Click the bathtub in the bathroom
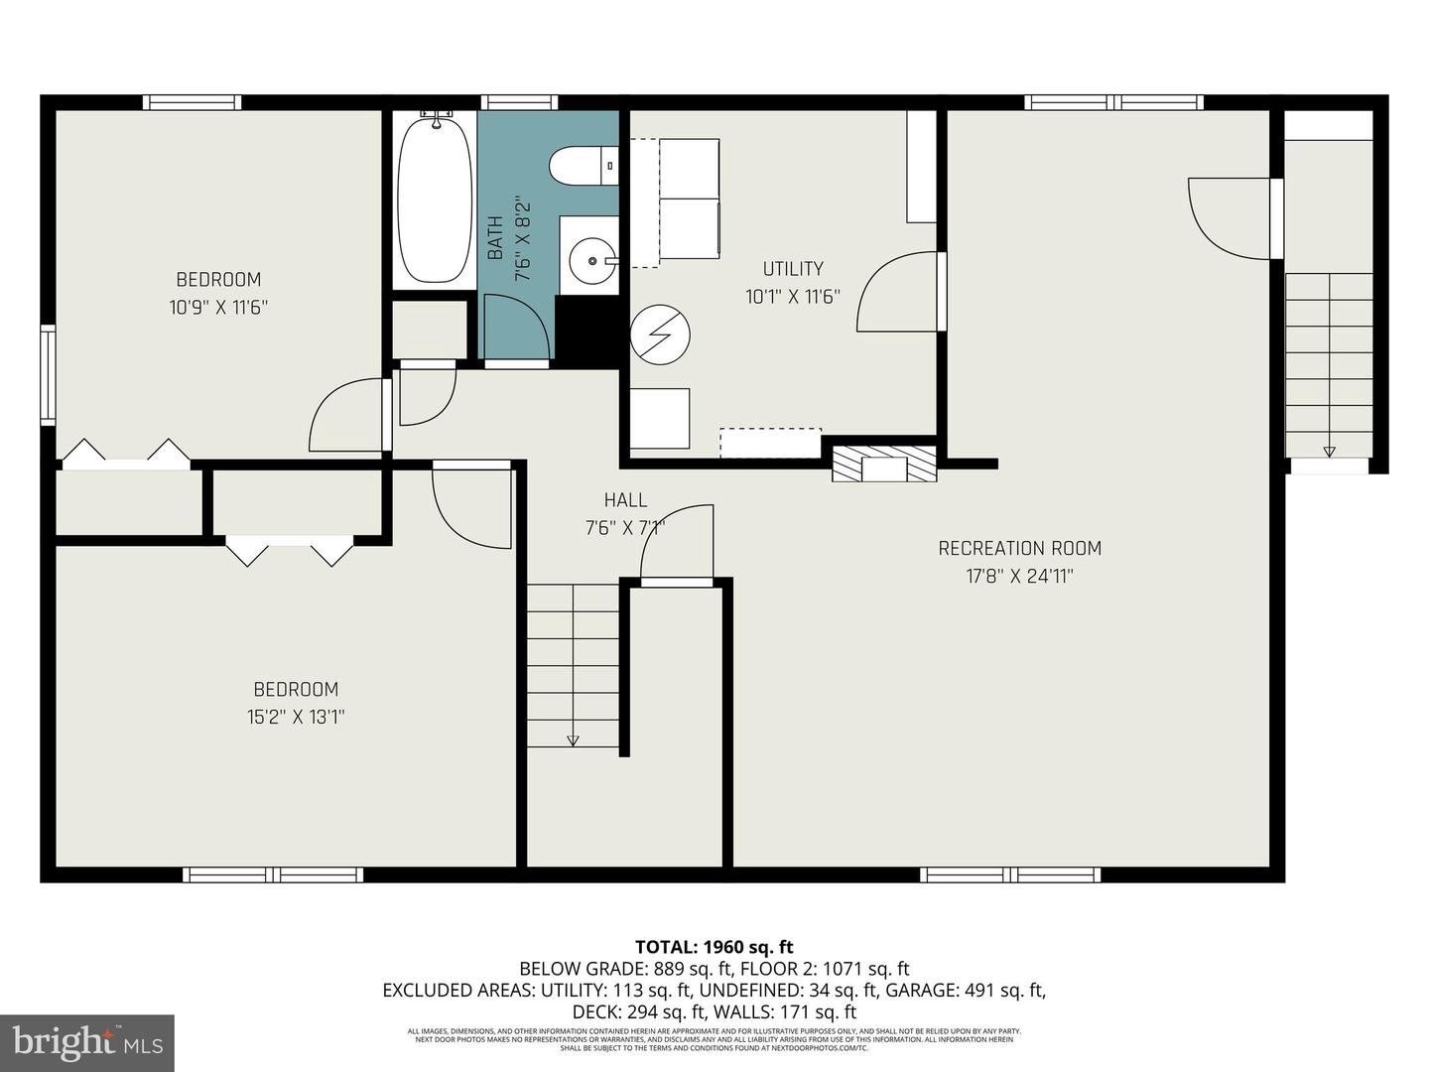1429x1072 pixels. click(434, 200)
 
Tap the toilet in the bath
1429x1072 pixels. click(584, 166)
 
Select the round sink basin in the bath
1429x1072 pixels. click(590, 261)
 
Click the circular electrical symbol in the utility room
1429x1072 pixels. click(660, 335)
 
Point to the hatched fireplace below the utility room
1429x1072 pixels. click(883, 464)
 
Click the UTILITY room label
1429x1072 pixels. click(792, 268)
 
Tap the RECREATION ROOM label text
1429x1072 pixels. click(1019, 548)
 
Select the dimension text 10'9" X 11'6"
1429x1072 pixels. click(218, 308)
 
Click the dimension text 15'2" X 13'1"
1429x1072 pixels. click(296, 717)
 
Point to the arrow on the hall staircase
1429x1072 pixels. click(573, 739)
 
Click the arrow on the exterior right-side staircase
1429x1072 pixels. click(1329, 452)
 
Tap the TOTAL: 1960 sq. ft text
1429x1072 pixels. click(714, 947)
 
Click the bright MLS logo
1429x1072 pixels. click(86, 1042)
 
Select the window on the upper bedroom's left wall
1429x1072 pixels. click(47, 374)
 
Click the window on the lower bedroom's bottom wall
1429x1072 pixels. click(273, 874)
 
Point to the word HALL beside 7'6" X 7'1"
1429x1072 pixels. click(625, 500)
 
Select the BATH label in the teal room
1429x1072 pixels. click(495, 238)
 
